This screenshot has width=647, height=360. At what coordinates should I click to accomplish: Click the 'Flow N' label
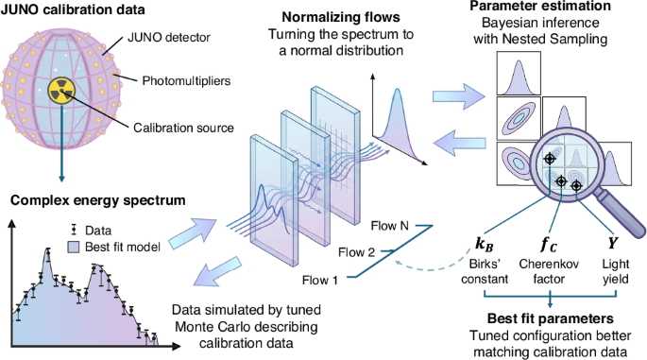pos(389,227)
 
